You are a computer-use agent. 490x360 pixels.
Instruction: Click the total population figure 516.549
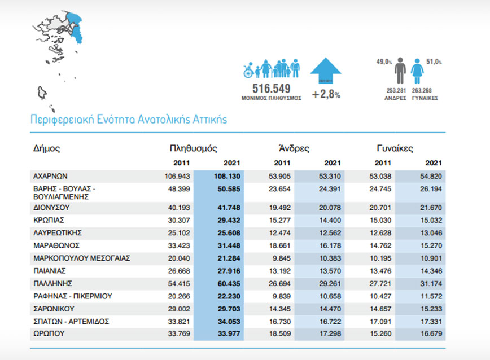[270, 88]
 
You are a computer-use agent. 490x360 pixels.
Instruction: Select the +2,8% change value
[326, 94]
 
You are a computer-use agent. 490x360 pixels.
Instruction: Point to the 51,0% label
[434, 62]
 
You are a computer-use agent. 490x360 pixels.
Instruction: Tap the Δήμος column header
[46, 149]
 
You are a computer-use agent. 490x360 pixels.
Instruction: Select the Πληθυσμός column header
[193, 149]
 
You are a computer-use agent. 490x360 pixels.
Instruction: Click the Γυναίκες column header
[395, 149]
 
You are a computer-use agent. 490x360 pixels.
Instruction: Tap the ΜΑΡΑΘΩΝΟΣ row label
[56, 245]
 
